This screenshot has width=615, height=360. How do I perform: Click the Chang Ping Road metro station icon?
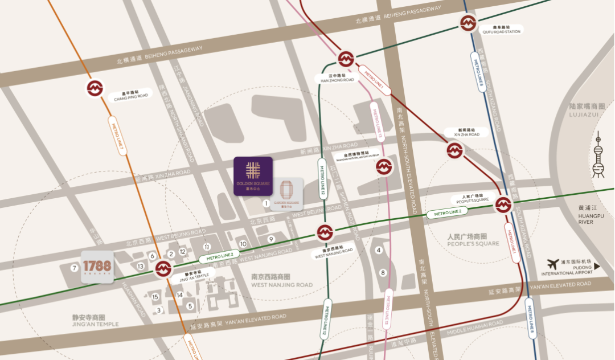click(95, 88)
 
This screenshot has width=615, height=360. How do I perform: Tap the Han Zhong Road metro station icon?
click(346, 59)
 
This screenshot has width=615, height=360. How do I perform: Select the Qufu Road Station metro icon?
click(468, 23)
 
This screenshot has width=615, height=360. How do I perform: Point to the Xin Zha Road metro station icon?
click(454, 150)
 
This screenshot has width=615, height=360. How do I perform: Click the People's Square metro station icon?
click(503, 205)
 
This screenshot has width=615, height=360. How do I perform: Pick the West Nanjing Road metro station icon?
click(325, 232)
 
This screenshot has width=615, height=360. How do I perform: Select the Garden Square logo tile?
click(286, 193)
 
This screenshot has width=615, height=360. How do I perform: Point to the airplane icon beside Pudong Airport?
click(552, 264)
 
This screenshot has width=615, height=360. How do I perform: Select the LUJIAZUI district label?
click(587, 111)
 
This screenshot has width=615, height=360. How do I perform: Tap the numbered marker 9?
click(271, 239)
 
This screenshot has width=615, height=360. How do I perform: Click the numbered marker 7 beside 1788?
click(73, 268)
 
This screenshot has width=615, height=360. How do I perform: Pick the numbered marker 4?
click(378, 250)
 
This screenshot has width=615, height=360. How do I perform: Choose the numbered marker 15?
click(155, 296)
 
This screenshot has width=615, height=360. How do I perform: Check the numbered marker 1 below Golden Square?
click(265, 202)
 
